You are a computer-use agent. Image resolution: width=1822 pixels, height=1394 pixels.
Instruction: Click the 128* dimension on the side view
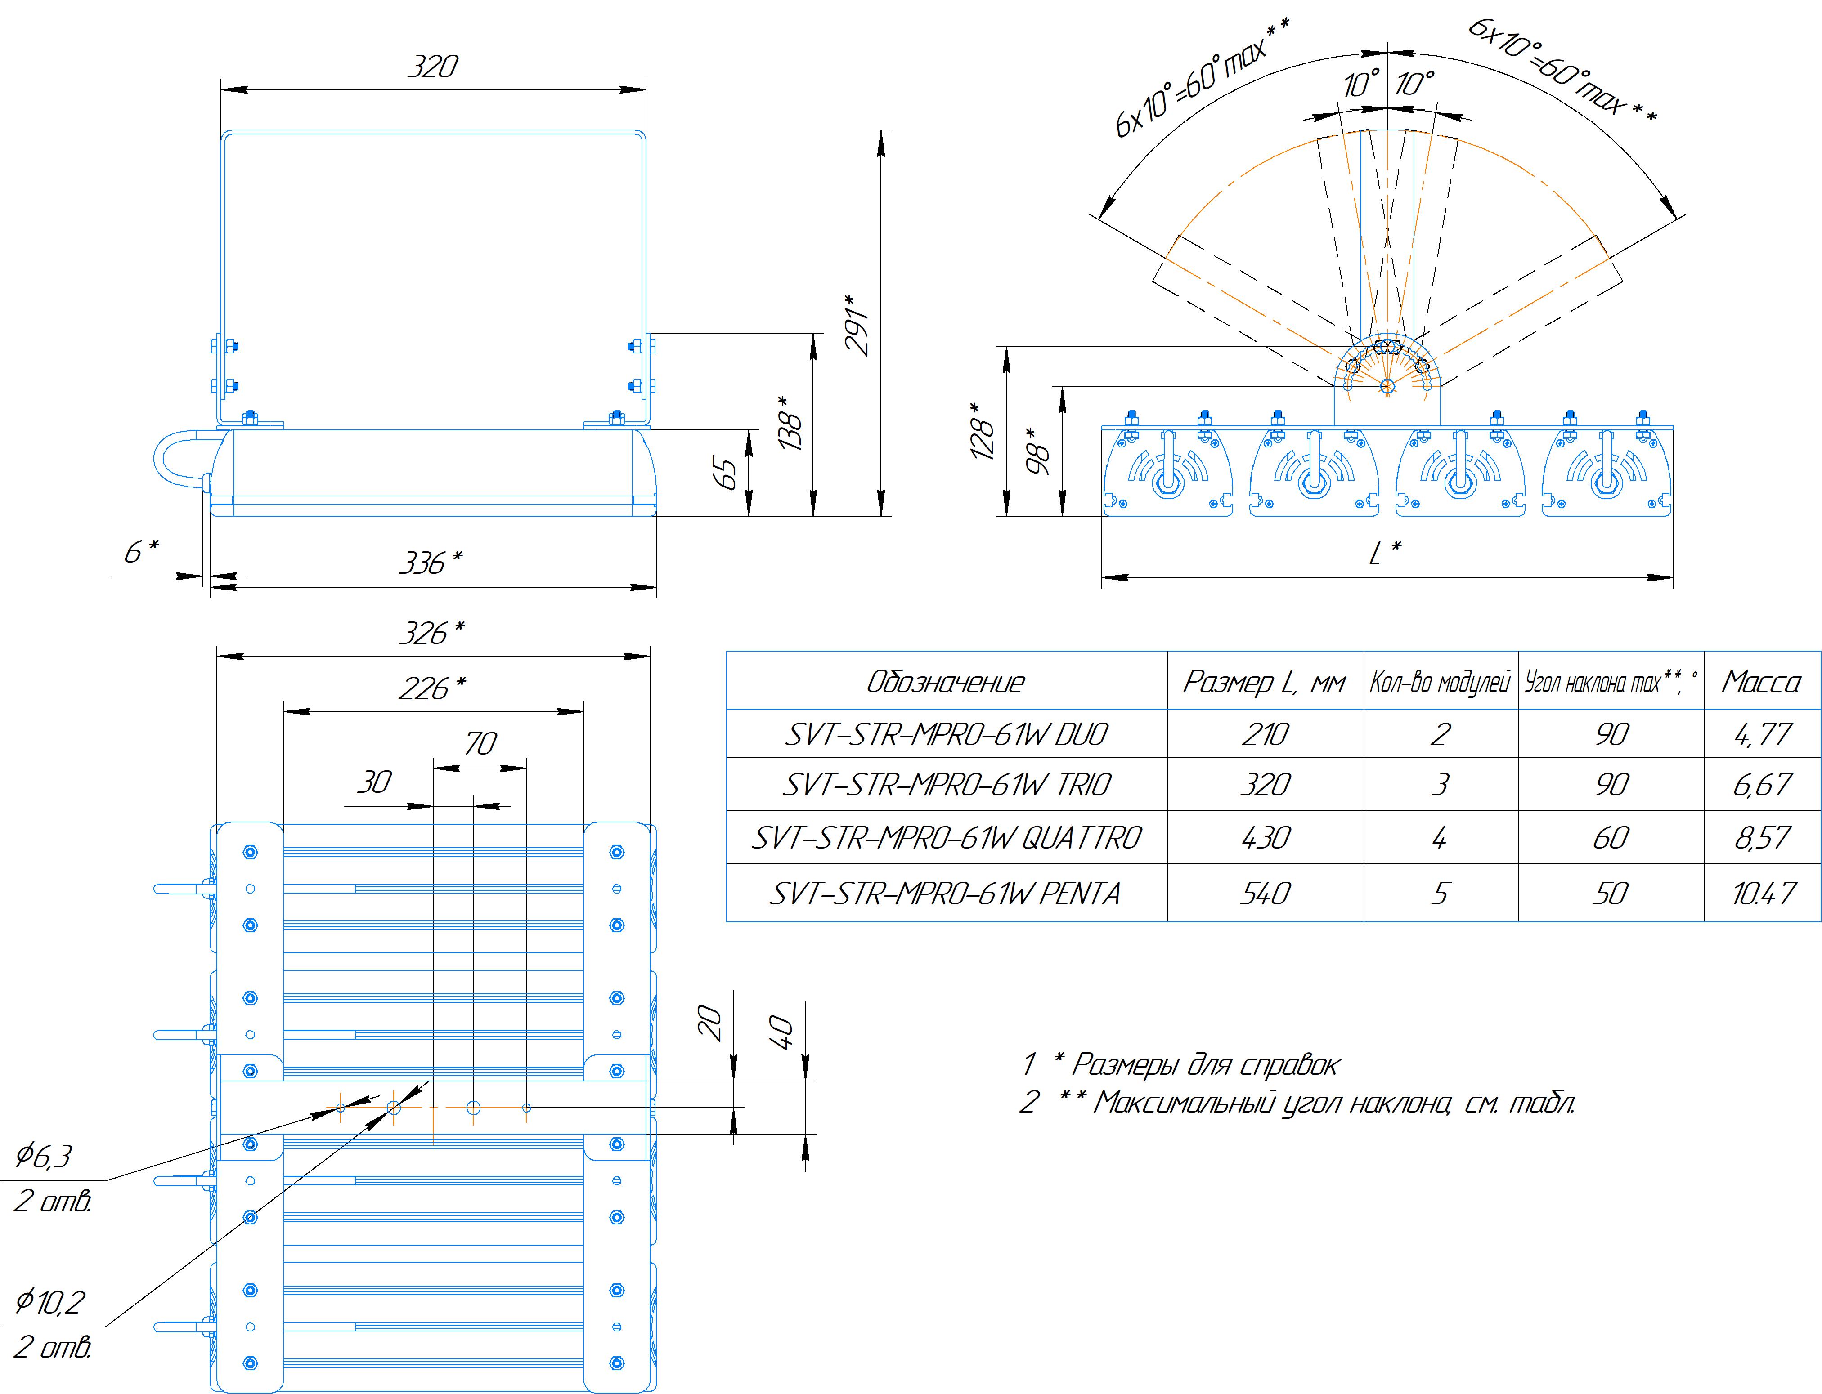tap(982, 432)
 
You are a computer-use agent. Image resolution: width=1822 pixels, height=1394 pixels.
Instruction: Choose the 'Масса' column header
tap(1760, 682)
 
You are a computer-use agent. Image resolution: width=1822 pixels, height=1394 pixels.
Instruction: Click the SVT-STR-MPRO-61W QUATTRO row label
tap(946, 838)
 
